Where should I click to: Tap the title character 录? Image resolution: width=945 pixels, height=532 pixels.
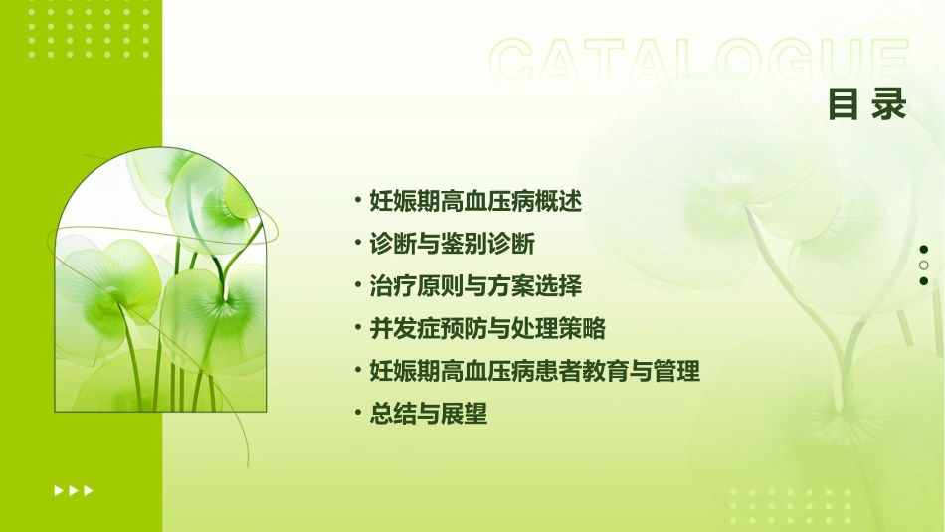890,104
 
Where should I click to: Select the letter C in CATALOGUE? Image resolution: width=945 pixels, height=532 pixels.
516,62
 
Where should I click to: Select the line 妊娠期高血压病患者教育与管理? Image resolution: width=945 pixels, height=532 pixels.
534,371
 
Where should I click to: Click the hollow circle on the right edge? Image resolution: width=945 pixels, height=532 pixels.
924,265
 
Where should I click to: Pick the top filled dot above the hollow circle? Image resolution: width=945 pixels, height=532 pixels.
924,249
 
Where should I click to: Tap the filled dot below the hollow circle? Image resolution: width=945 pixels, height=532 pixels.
924,280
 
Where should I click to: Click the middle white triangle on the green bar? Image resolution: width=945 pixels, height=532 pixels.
74,490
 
